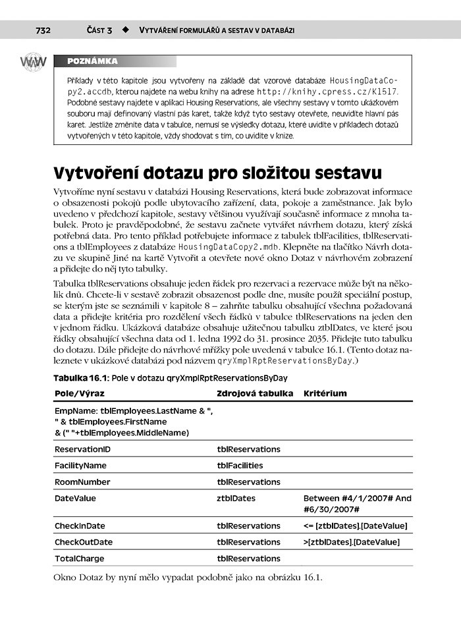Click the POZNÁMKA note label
coord(93,61)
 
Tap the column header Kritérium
coord(325,393)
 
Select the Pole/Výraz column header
coord(79,393)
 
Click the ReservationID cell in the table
coord(82,449)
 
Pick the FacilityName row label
coord(80,466)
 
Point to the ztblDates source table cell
coord(236,499)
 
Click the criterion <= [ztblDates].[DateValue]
coord(356,526)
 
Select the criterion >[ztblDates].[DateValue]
coord(352,542)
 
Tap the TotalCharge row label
coord(78,559)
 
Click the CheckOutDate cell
coord(84,542)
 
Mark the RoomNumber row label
coord(82,482)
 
